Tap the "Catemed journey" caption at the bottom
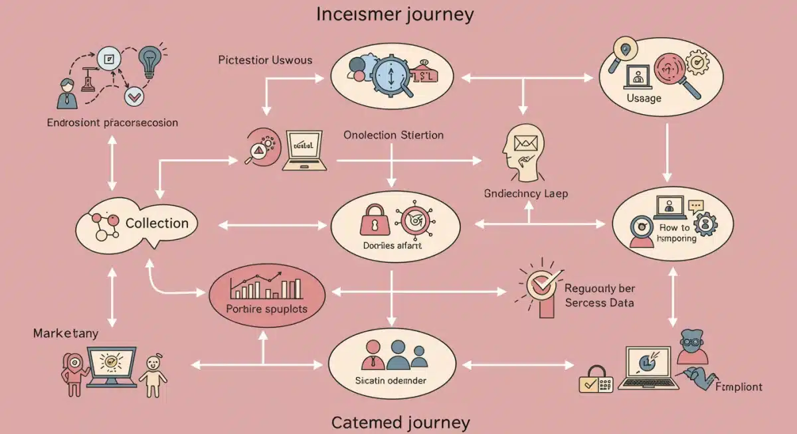pyautogui.click(x=400, y=422)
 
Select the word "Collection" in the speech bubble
pyautogui.click(x=157, y=223)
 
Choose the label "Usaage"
pyautogui.click(x=644, y=98)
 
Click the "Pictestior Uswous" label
pyautogui.click(x=265, y=60)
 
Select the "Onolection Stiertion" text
pyautogui.click(x=394, y=135)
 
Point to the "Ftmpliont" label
pyautogui.click(x=738, y=387)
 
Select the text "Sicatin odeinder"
pyautogui.click(x=391, y=381)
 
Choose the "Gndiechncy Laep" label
pyautogui.click(x=527, y=194)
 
